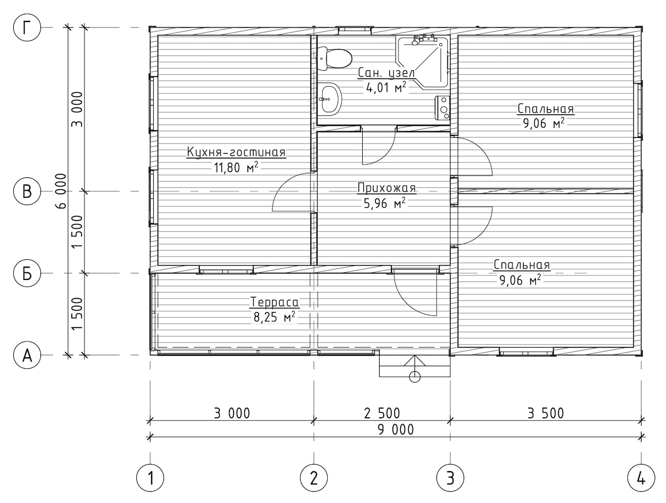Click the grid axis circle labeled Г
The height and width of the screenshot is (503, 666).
pyautogui.click(x=27, y=28)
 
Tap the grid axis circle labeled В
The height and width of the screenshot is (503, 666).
pyautogui.click(x=27, y=192)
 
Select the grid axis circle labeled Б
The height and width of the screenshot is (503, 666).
pyautogui.click(x=27, y=273)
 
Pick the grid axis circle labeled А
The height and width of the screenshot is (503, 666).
pyautogui.click(x=27, y=355)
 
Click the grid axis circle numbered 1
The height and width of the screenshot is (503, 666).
pyautogui.click(x=150, y=478)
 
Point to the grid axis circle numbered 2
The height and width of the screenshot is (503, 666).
pyautogui.click(x=314, y=478)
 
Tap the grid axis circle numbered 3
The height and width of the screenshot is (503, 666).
pyautogui.click(x=450, y=478)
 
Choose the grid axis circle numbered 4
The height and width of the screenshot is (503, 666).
pyautogui.click(x=641, y=478)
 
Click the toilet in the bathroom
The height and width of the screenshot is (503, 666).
pyautogui.click(x=335, y=58)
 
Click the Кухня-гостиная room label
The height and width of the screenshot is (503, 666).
pyautogui.click(x=236, y=152)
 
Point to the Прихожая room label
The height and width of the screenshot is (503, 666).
pyautogui.click(x=386, y=188)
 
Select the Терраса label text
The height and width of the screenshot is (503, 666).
pyautogui.click(x=275, y=302)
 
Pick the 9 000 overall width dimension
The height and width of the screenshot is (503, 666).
pyautogui.click(x=396, y=430)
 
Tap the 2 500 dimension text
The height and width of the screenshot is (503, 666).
pyautogui.click(x=382, y=413)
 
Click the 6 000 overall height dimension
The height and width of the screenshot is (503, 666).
pyautogui.click(x=61, y=191)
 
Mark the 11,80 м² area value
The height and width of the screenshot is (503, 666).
pyautogui.click(x=236, y=167)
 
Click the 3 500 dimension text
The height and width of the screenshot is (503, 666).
pyautogui.click(x=546, y=413)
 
